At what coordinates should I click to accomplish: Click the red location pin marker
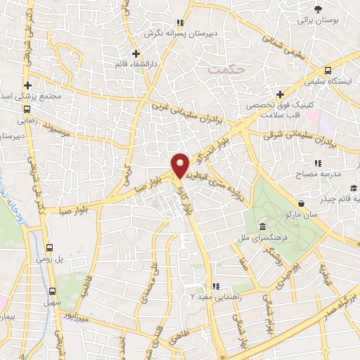(181, 165)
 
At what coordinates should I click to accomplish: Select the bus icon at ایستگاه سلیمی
(328, 70)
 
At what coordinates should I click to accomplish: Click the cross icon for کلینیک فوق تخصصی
(279, 94)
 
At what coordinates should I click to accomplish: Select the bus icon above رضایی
(27, 110)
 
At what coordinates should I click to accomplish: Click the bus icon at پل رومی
(49, 247)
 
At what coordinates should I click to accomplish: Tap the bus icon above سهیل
(51, 291)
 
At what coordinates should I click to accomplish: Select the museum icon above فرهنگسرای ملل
(262, 226)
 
